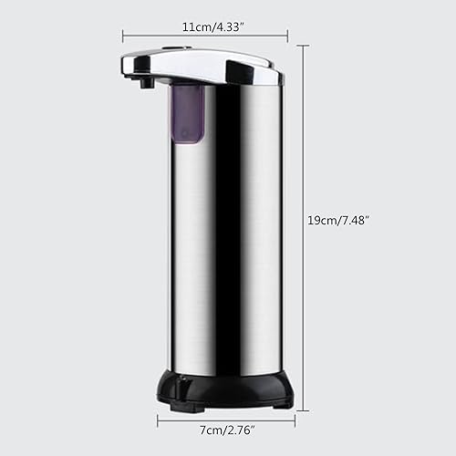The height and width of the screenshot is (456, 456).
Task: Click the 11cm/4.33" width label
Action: click(206, 28)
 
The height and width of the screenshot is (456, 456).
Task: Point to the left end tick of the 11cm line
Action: click(124, 36)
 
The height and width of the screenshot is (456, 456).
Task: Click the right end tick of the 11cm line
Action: click(288, 36)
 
